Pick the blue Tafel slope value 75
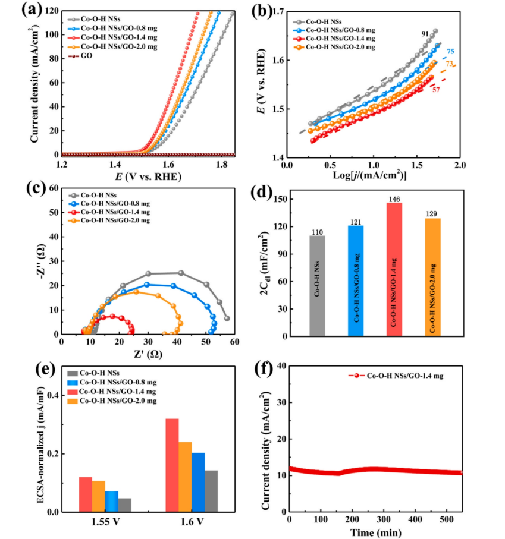(x=450, y=52)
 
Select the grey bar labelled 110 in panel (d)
(x=317, y=285)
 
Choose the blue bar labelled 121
(x=356, y=280)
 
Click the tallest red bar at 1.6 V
(x=172, y=465)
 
